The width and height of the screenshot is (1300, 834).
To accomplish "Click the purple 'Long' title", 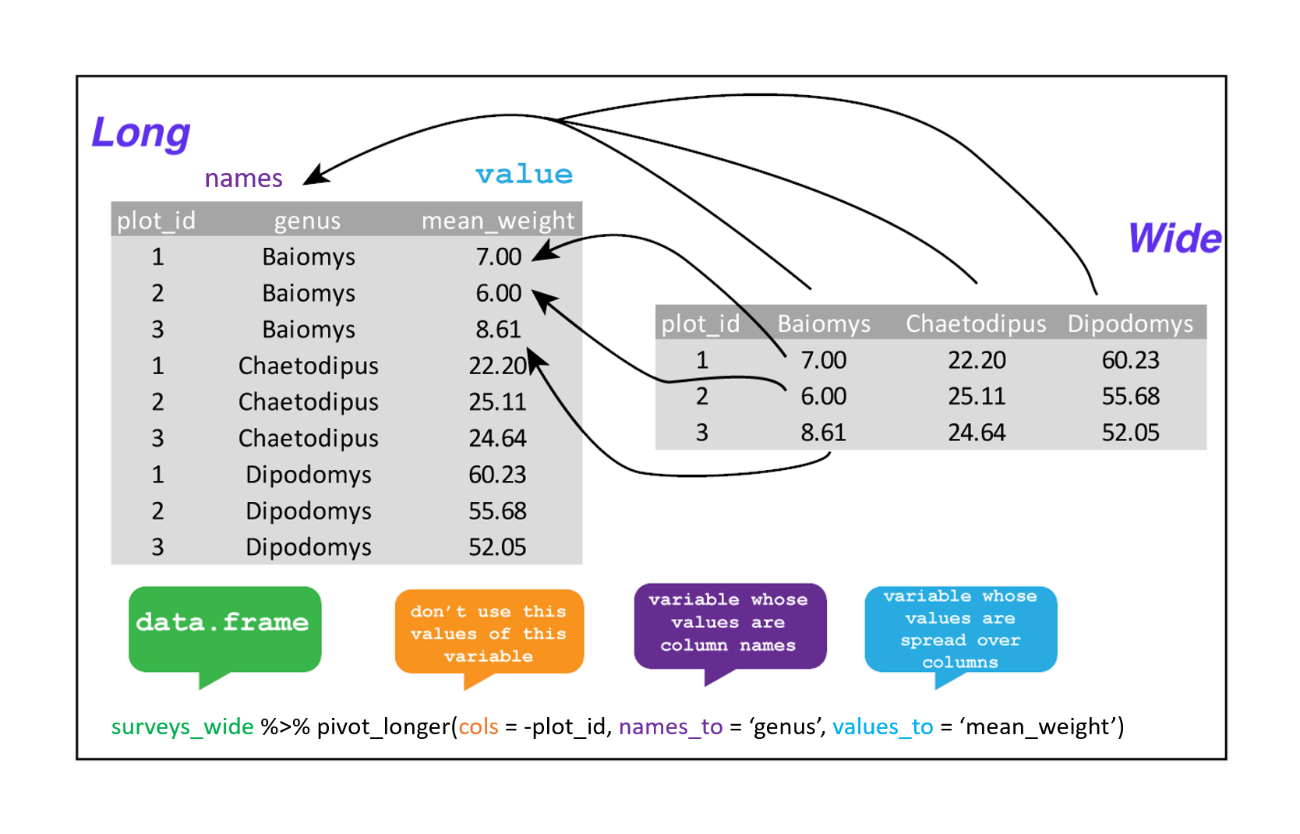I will point(141,133).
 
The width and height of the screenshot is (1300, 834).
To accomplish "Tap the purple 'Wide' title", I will point(1175,238).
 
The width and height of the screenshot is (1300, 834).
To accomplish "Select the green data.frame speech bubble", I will point(224,628).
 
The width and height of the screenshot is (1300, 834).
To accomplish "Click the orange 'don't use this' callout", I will point(489,632).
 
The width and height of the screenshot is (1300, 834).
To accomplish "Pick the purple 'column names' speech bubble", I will point(729,624).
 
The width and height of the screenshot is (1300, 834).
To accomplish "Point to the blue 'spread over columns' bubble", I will point(960,629).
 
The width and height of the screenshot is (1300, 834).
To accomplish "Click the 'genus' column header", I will point(307,221).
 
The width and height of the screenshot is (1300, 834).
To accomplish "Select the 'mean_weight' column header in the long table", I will point(498,221).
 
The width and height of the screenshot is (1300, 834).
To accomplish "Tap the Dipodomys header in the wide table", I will point(1130,323).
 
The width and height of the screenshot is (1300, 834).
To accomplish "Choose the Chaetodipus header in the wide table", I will point(976,323).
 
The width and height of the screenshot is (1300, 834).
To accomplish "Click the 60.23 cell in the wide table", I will point(1130,360).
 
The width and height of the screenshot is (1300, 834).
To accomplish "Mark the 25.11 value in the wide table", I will point(977,397).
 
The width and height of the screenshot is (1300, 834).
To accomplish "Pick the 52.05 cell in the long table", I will point(497,547).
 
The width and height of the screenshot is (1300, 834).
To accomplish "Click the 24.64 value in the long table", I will point(497,438).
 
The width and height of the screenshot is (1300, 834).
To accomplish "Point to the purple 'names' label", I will point(243,178).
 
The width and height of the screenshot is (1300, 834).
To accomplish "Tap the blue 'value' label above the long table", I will point(524,174).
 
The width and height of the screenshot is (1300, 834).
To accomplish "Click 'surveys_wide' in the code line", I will point(182,726).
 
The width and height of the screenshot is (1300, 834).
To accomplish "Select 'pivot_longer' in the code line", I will point(383,726).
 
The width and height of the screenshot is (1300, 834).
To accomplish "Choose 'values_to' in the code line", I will point(882,726).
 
